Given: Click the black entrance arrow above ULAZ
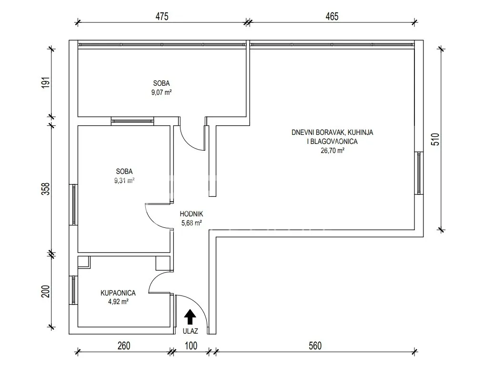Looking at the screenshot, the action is point(190,316).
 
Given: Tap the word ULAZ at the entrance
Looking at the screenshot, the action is point(190,331).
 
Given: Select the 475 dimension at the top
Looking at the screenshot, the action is point(162,16).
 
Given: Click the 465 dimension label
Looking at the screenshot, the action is point(332,16).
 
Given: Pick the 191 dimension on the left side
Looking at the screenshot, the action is point(46,83).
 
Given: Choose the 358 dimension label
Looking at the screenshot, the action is point(46,189).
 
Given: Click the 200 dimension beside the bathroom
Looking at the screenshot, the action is point(46,291).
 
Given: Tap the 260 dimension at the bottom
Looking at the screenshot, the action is point(124,346).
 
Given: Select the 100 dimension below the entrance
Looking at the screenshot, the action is point(191,346).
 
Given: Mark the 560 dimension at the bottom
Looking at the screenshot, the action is point(315,346).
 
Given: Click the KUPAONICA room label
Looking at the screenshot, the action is point(118,293).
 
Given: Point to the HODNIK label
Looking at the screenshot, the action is point(191,214).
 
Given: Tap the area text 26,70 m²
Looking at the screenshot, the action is point(332,150).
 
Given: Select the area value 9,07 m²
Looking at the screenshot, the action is point(161,92).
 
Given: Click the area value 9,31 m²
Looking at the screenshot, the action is point(124,181).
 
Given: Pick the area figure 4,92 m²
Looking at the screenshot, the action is point(119,302).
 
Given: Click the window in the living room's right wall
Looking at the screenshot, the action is point(419,173).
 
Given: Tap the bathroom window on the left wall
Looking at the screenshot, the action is point(73,290).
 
